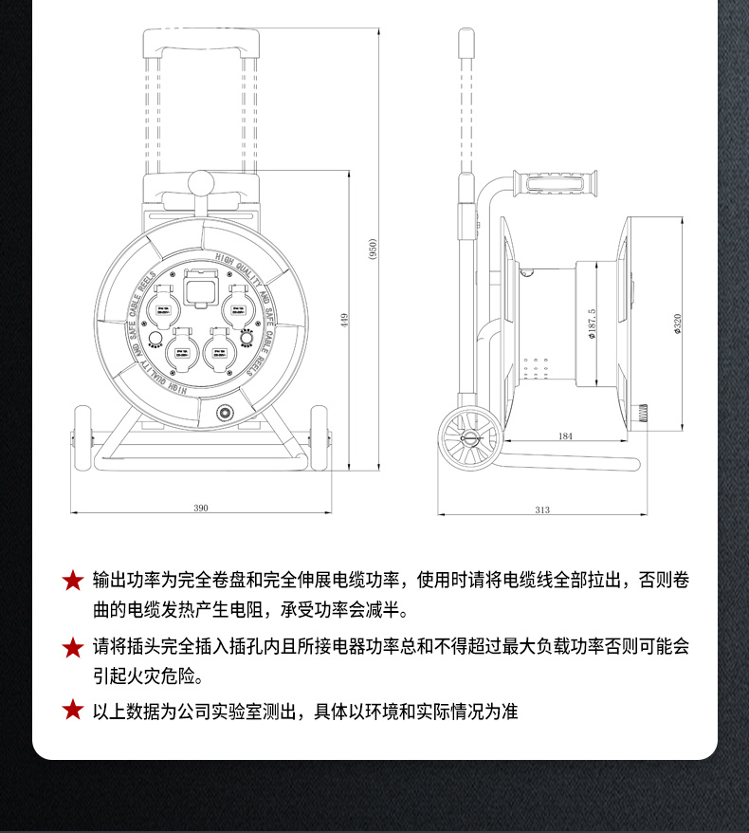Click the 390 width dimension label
[x=201, y=509]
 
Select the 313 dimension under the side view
[x=541, y=510]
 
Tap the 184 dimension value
[x=566, y=436]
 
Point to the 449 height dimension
[x=344, y=321]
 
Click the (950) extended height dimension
[x=373, y=250]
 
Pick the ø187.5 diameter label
[x=592, y=324]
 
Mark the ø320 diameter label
[x=677, y=324]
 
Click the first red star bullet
[x=73, y=581]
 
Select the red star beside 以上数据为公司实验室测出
[x=73, y=711]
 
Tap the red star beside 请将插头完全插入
[x=73, y=648]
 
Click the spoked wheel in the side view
[x=468, y=439]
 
